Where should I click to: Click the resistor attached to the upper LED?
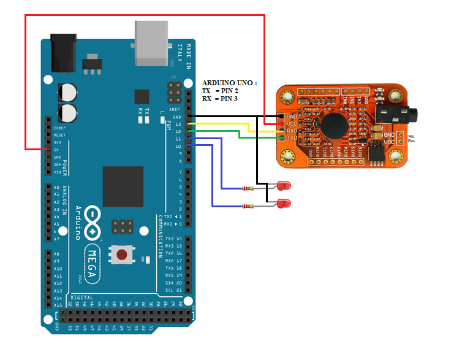click(247, 188)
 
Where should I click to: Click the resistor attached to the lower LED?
click(247, 207)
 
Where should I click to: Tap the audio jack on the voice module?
click(398, 115)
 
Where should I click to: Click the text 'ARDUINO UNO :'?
click(229, 82)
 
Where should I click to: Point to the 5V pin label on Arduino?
click(56, 149)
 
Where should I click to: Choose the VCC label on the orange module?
click(292, 123)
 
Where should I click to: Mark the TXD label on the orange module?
click(292, 138)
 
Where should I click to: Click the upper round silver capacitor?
click(68, 93)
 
